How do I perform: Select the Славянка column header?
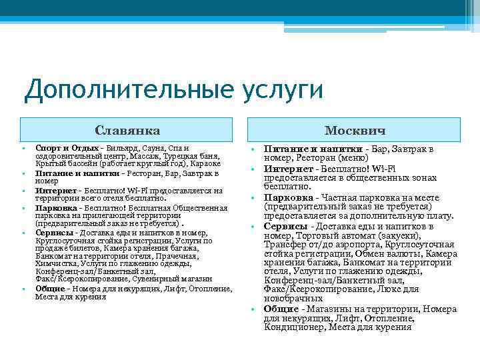tap(127, 129)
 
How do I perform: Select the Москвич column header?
tap(355, 129)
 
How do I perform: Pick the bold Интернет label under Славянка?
tap(56, 190)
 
